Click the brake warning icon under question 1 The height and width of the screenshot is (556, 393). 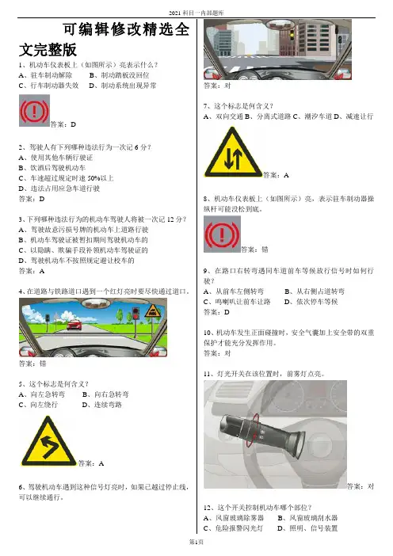point(34,110)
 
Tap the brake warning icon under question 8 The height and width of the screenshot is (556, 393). point(222,234)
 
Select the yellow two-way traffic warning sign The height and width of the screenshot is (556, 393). point(233,153)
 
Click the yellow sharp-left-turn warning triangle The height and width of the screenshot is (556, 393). point(48,441)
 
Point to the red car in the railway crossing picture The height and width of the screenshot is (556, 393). point(74,325)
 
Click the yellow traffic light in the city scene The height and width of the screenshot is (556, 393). point(292,35)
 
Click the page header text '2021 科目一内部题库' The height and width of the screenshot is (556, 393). point(196,13)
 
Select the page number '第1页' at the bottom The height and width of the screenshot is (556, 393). point(196,542)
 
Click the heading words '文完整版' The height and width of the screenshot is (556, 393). point(48,50)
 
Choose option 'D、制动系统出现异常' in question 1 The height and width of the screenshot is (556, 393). point(122,86)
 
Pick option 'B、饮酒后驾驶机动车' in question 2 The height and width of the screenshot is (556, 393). point(52,168)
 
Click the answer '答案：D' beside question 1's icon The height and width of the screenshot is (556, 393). point(63,124)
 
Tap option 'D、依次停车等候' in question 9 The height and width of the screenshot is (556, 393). point(311,302)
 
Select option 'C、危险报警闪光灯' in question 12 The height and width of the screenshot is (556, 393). point(234,528)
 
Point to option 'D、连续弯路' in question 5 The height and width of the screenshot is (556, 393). point(102,405)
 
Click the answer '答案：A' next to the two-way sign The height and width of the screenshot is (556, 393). point(276,175)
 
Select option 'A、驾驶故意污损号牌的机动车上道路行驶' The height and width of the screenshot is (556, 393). point(84,230)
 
